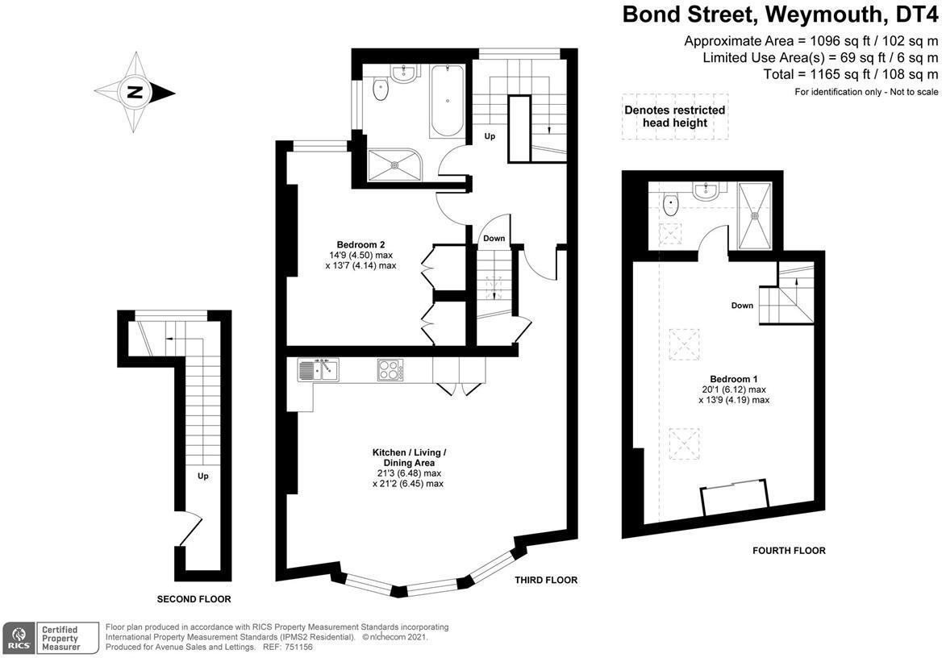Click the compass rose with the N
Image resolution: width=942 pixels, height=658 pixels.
134,92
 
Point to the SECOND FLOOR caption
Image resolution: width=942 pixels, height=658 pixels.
194,599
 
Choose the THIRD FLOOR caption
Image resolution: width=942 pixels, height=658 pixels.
546,580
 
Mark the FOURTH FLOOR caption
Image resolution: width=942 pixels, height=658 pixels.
788,551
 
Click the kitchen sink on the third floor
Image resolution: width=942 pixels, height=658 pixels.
319,370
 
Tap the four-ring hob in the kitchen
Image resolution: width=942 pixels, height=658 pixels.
390,370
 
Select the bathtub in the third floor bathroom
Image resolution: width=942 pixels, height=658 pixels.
447,102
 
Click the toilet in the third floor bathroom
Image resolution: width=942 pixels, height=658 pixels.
381,90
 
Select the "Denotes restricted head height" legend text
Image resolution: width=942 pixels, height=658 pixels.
674,116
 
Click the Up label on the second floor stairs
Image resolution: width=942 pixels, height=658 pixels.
203,476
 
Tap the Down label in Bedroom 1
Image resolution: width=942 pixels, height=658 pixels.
742,306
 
